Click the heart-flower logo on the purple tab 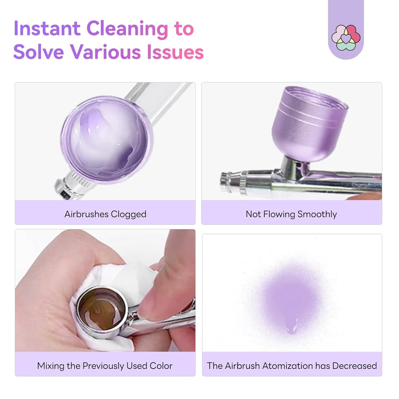click(346, 38)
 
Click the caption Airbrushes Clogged click(105, 214)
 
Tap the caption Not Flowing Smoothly click(291, 214)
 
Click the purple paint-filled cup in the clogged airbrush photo click(107, 139)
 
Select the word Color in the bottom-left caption click(161, 366)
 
